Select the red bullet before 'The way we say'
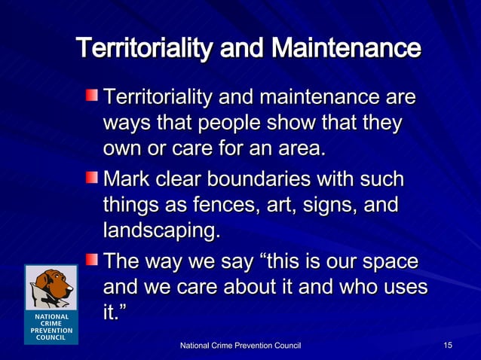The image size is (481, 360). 90,261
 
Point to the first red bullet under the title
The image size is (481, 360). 90,96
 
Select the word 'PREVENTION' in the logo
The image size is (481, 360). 51,331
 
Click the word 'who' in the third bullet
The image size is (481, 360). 345,288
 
